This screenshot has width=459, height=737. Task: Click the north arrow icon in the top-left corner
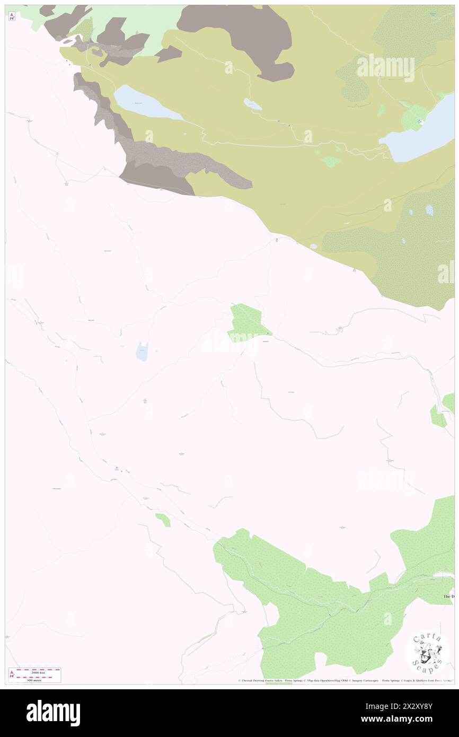(12, 16)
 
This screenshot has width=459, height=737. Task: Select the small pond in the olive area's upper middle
(252, 104)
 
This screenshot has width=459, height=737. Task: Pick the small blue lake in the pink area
(142, 352)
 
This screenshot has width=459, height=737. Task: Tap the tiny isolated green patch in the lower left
(163, 520)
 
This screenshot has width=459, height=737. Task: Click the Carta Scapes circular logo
(427, 652)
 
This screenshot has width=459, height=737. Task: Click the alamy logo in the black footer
(53, 713)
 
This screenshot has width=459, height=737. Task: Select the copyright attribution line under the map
(345, 681)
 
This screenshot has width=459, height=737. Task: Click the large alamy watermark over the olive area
(385, 68)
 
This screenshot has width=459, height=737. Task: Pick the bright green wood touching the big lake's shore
(414, 117)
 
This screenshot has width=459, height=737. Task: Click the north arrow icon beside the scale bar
(12, 674)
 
